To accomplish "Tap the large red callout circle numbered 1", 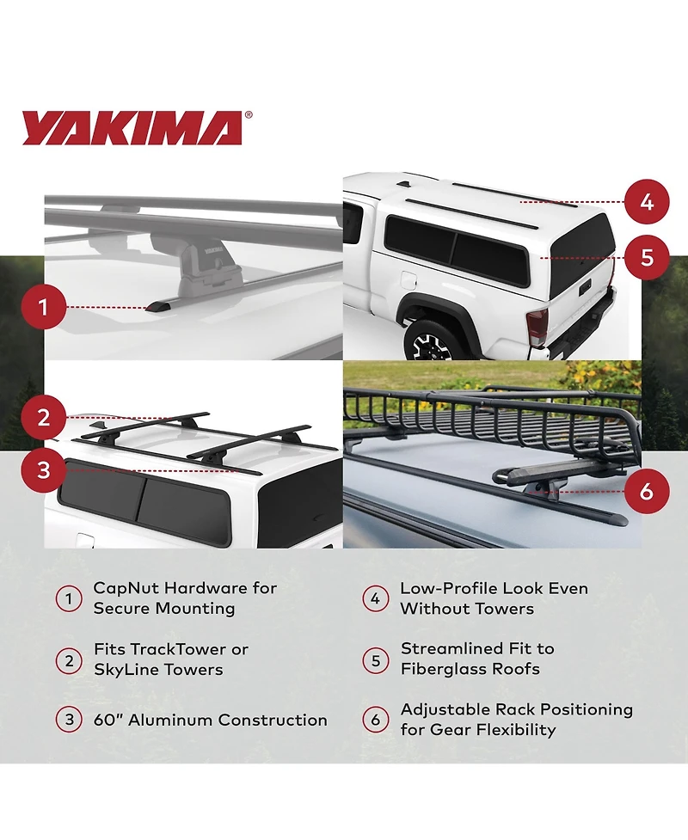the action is [x=44, y=308].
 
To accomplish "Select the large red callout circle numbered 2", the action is [x=44, y=417].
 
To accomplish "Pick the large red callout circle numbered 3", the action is [x=44, y=470].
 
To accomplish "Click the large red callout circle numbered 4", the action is [x=647, y=202].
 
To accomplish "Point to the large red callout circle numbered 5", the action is [x=647, y=257].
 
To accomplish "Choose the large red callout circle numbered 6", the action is [x=647, y=491].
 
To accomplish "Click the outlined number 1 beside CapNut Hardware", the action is [x=69, y=598].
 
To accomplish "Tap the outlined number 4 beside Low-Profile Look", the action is [x=376, y=598].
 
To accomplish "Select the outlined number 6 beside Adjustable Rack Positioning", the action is [x=376, y=720].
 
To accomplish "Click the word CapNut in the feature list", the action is [x=126, y=588].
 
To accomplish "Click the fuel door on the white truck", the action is [x=408, y=279].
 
